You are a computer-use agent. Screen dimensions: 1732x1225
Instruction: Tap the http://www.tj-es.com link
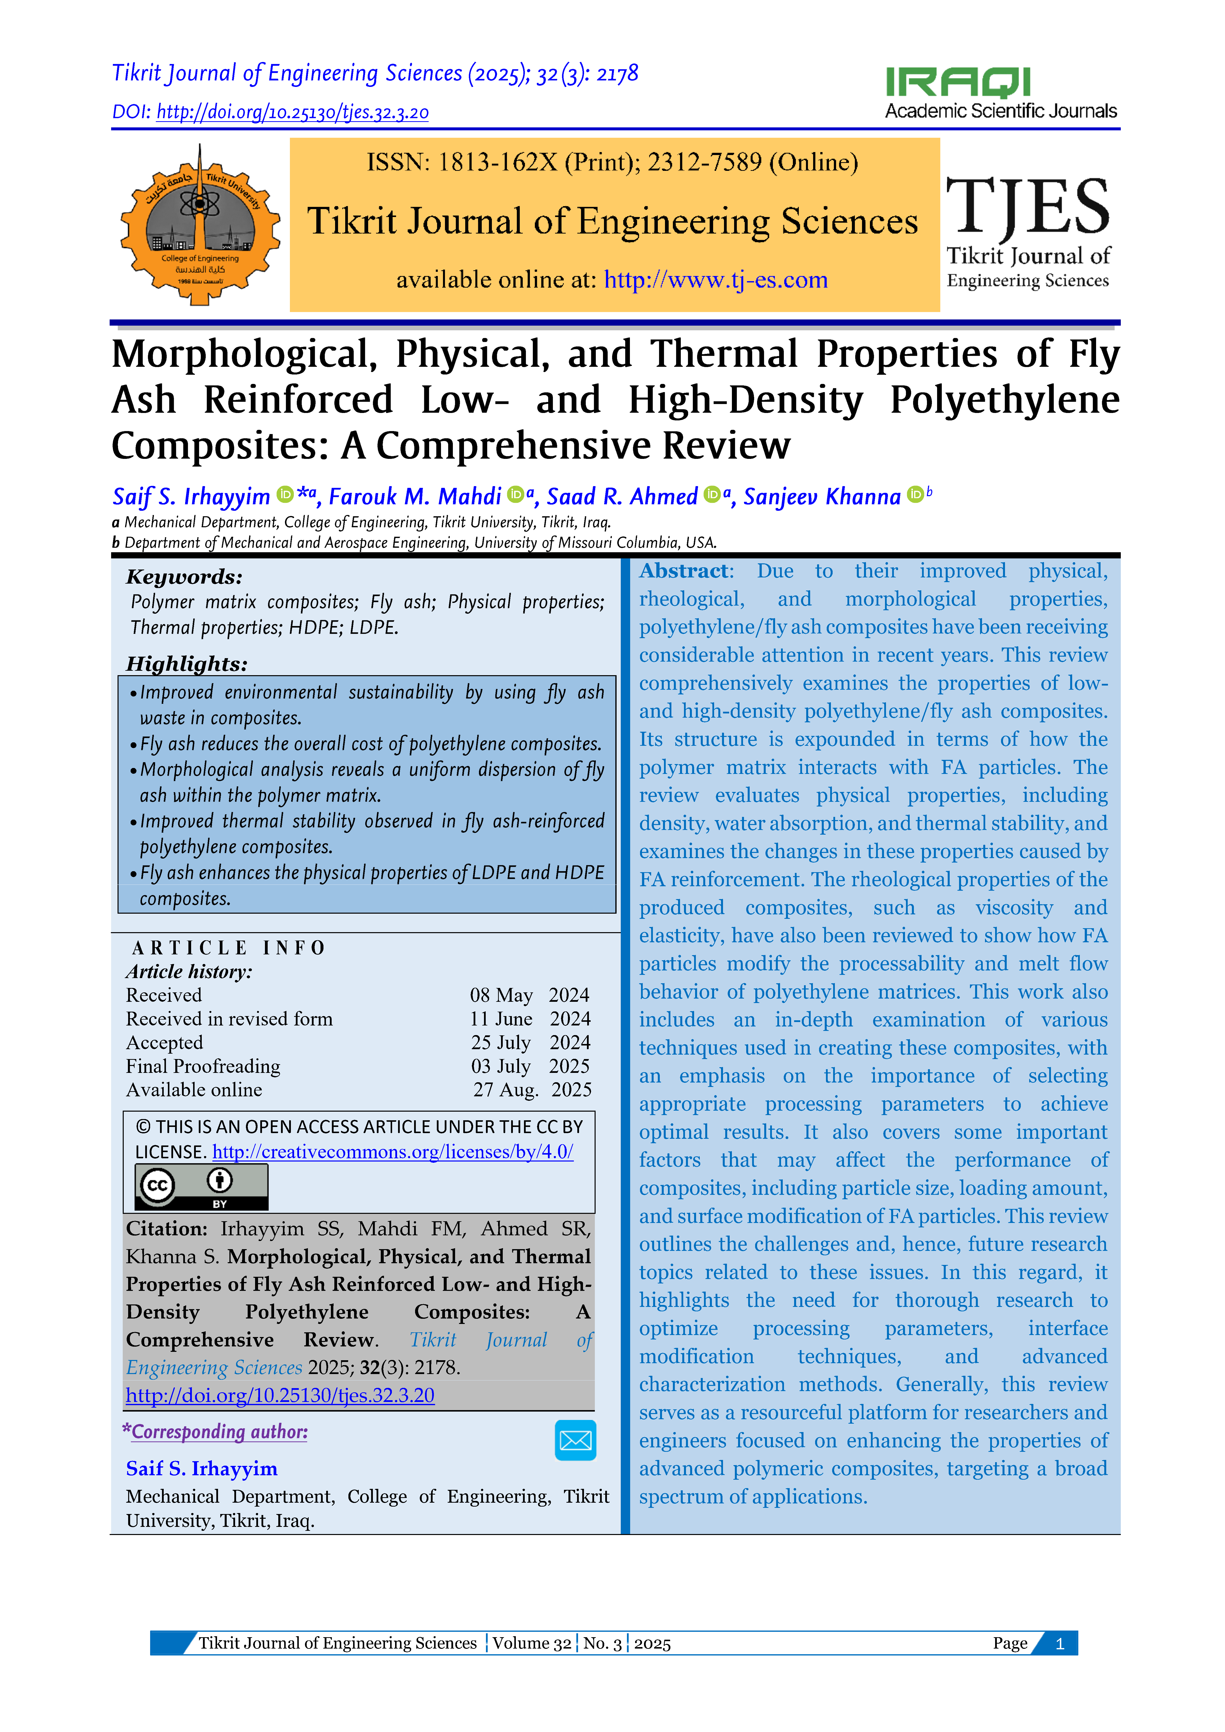pos(716,280)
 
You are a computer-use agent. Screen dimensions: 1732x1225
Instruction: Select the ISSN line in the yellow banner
pos(612,162)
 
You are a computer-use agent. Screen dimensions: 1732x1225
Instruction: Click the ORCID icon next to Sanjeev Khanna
pos(915,494)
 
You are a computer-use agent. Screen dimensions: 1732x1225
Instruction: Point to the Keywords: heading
pos(184,577)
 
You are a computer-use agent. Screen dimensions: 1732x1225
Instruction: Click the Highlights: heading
pos(186,664)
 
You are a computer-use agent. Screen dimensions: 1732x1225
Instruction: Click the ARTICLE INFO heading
pos(228,947)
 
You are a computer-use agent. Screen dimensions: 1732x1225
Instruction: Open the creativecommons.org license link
pos(392,1152)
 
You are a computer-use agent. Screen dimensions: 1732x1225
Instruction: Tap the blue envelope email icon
pos(575,1440)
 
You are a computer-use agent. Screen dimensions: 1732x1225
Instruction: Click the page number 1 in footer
pos(1060,1643)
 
